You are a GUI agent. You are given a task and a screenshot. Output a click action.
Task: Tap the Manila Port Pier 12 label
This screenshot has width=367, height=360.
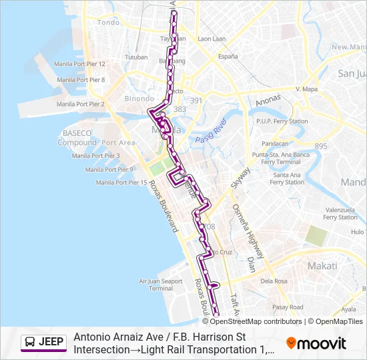pyautogui.click(x=81, y=63)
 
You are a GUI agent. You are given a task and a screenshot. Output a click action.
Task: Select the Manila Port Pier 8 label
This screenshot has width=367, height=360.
pyautogui.click(x=81, y=79)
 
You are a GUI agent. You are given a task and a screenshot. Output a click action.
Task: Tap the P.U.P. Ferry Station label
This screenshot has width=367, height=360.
pyautogui.click(x=282, y=121)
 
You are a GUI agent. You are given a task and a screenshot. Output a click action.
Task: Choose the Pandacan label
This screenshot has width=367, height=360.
pyautogui.click(x=275, y=143)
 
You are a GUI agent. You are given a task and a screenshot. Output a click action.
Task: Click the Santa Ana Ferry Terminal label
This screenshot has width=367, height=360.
pyautogui.click(x=287, y=178)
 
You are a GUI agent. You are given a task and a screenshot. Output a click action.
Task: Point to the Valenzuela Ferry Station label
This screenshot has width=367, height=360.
pyautogui.click(x=340, y=213)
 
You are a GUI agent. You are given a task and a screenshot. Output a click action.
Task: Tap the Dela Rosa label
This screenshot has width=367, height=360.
pyautogui.click(x=274, y=281)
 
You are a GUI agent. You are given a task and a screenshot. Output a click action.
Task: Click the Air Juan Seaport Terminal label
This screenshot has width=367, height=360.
pyautogui.click(x=161, y=285)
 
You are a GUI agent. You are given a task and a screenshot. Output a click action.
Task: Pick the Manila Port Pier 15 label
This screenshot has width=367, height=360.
pyautogui.click(x=121, y=182)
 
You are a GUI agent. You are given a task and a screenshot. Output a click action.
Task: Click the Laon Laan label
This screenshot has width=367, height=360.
pyautogui.click(x=212, y=39)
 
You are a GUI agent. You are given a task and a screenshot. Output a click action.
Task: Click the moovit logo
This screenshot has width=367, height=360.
pyautogui.click(x=316, y=343)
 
